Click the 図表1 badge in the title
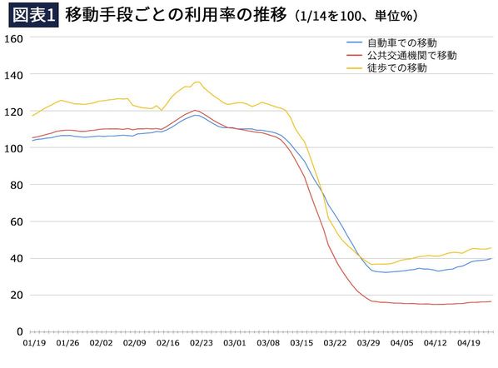click(x=30, y=15)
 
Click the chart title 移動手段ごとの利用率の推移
click(x=175, y=15)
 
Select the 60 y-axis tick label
click(x=14, y=221)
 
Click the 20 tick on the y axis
click(x=14, y=295)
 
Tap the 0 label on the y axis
click(x=17, y=331)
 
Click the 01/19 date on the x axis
click(x=33, y=342)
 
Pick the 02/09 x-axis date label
click(x=134, y=342)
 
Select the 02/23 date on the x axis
click(x=202, y=342)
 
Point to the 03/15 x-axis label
click(x=301, y=342)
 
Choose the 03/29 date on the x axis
click(x=369, y=342)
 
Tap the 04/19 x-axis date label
click(x=469, y=342)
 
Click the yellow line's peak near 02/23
click(x=197, y=82)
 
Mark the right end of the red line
click(x=491, y=301)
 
